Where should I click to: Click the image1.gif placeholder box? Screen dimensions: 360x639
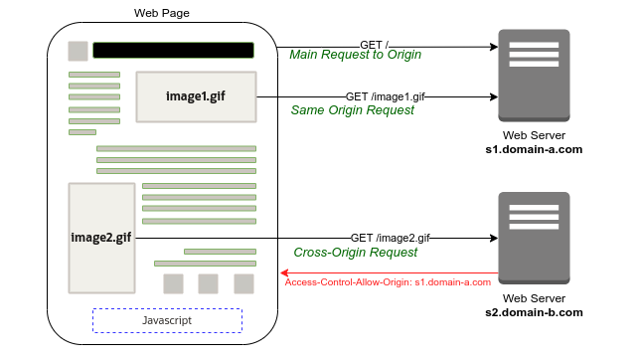tap(196, 96)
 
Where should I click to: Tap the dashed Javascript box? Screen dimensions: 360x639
tap(167, 320)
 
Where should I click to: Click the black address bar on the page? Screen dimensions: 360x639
tap(173, 50)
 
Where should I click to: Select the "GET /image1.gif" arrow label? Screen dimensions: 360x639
tap(386, 96)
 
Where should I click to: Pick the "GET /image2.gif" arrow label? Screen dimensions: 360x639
tap(391, 239)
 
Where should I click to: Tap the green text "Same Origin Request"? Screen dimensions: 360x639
tap(353, 110)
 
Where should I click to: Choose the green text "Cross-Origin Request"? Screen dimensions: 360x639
tap(355, 253)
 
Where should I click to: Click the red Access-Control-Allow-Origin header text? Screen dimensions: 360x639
tap(388, 282)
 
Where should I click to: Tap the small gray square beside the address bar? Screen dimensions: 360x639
tap(77, 51)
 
